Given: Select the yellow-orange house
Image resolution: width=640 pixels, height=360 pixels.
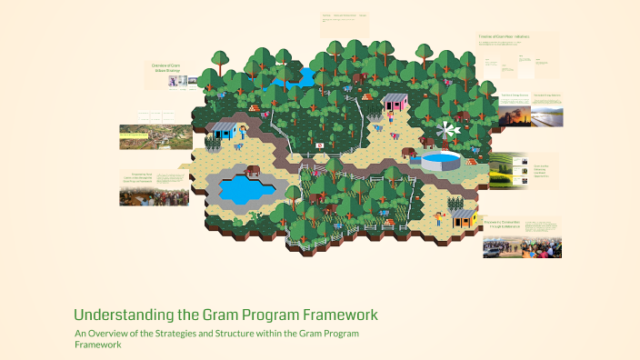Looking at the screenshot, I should tap(464, 216).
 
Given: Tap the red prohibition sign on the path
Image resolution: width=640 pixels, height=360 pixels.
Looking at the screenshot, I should tap(319, 145).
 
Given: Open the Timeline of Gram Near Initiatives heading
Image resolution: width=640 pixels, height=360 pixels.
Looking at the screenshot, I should tap(504, 36).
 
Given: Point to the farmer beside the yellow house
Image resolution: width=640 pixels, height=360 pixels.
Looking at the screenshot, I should tap(440, 218).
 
